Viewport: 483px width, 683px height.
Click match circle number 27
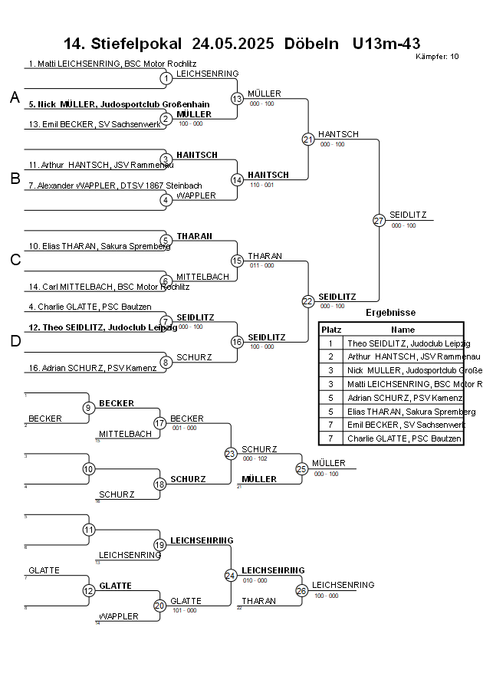tap(379, 220)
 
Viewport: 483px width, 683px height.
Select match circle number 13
tap(237, 98)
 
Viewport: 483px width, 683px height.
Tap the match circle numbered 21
tap(308, 139)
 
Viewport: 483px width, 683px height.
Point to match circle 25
tap(301, 468)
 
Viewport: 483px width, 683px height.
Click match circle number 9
tap(89, 408)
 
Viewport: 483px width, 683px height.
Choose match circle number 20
tap(159, 606)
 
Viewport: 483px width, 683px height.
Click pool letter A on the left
tap(15, 97)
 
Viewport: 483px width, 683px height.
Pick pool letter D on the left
tap(15, 342)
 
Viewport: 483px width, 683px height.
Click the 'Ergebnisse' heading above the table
tap(390, 313)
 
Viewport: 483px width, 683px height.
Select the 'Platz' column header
tap(331, 329)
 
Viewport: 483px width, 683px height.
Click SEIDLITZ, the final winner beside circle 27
tap(408, 215)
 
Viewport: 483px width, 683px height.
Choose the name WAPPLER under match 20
tap(120, 616)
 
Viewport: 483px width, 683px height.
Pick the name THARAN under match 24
tap(259, 601)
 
